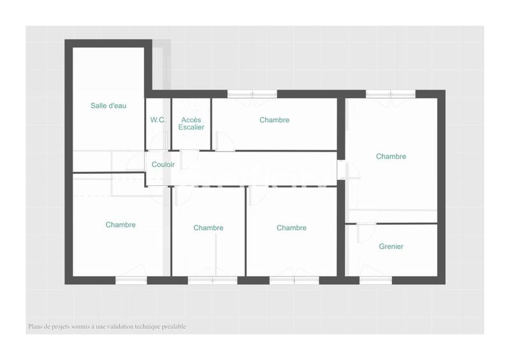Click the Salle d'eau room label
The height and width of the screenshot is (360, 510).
(108, 106)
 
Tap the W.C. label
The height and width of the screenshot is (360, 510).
(158, 120)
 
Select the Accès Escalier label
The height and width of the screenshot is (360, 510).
(192, 124)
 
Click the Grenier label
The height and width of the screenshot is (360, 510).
(391, 247)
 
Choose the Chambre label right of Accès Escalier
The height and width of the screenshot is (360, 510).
(274, 120)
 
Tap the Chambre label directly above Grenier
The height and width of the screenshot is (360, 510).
(391, 156)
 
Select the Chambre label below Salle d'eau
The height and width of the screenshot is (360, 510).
(120, 224)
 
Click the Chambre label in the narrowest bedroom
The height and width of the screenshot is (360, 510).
(208, 227)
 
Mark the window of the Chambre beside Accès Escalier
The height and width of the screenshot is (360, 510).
(252, 94)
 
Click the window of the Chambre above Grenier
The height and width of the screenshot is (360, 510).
(391, 94)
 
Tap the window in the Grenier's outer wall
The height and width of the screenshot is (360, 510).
(375, 280)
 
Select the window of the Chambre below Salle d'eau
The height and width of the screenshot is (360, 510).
(131, 280)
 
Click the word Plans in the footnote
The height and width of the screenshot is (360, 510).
(35, 327)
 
